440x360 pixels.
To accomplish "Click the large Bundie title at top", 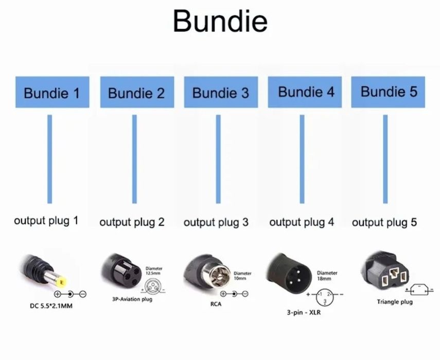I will (220, 22).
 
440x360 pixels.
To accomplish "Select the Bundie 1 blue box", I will (52, 93).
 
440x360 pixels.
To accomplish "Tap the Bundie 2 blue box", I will (136, 93).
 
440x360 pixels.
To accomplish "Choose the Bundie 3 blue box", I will (220, 93).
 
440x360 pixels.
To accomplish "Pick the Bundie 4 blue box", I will (306, 92).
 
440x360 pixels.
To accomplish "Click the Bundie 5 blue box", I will (389, 92).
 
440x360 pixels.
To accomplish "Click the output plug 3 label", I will (216, 222).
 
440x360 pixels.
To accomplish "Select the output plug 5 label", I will (384, 222).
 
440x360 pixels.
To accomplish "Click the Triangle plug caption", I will (395, 302).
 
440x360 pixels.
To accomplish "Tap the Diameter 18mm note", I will (327, 276).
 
